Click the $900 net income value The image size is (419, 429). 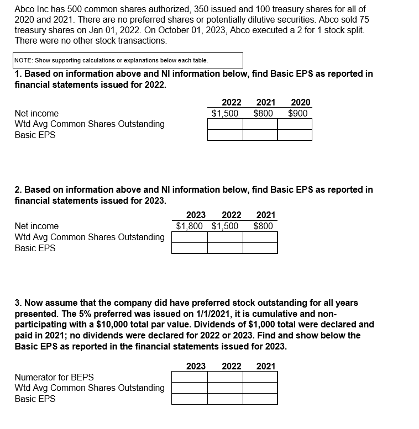click(299, 113)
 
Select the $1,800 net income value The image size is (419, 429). click(190, 226)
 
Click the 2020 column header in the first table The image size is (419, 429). click(300, 102)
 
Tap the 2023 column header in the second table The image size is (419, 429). click(196, 215)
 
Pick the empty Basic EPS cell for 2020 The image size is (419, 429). click(295, 135)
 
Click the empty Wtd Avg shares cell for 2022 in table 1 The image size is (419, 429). click(225, 124)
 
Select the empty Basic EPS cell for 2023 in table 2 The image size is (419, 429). click(190, 248)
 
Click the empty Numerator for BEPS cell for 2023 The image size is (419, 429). click(190, 377)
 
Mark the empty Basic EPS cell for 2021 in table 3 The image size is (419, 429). click(260, 399)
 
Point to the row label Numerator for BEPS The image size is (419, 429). click(54, 377)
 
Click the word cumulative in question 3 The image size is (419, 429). click(277, 314)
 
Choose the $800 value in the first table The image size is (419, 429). click(263, 113)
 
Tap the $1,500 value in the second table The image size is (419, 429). click(225, 226)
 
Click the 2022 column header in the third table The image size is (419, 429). click(231, 366)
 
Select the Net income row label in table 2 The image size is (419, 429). click(36, 226)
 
